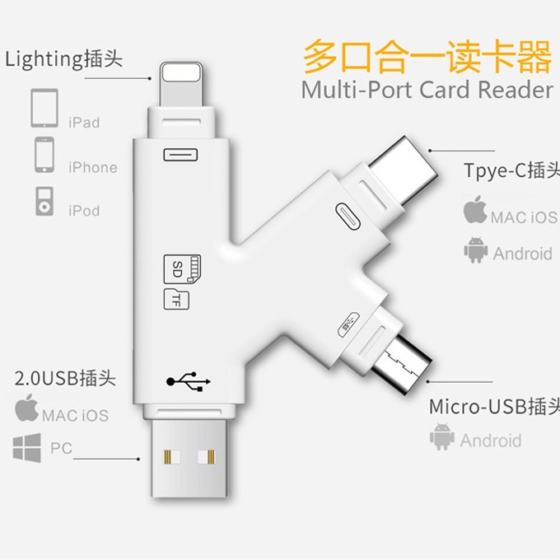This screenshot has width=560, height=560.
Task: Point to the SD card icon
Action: coord(183,268)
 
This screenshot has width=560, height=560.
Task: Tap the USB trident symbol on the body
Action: coord(189,381)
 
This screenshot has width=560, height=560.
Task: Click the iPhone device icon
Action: coord(44,154)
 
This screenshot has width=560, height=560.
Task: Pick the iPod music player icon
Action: coord(44,200)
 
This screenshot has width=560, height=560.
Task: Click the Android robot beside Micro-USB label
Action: coord(441,438)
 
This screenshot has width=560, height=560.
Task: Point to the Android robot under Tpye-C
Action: coord(475,250)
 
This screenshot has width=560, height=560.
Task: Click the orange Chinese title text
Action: coord(427,58)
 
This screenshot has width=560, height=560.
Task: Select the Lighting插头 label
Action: coord(64,59)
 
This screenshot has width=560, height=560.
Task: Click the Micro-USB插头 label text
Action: coord(493,407)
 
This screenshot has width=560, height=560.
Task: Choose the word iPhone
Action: coord(92,167)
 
